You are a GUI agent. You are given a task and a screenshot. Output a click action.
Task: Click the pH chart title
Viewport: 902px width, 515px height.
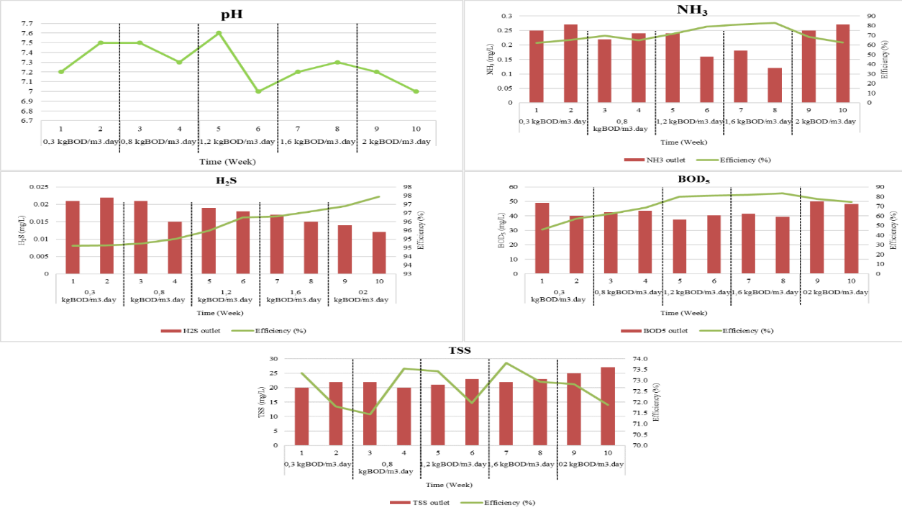click(230, 14)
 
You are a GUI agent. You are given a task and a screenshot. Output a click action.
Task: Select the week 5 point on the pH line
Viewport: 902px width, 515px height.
click(219, 33)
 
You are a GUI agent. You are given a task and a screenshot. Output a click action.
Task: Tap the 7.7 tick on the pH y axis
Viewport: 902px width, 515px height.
click(27, 24)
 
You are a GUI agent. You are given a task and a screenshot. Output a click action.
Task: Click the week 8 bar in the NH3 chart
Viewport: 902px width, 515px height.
click(775, 86)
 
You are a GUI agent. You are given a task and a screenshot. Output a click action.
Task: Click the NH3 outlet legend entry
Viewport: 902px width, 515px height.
click(645, 160)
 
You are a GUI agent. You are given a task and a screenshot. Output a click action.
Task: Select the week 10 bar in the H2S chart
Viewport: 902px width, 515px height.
click(379, 252)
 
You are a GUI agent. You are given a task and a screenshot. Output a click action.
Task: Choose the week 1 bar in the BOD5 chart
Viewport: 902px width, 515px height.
click(542, 238)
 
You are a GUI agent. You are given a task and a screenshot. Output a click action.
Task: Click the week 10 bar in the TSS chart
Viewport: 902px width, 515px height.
click(608, 406)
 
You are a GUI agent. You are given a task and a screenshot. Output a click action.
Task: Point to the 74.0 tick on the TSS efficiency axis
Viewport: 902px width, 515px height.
click(643, 359)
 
